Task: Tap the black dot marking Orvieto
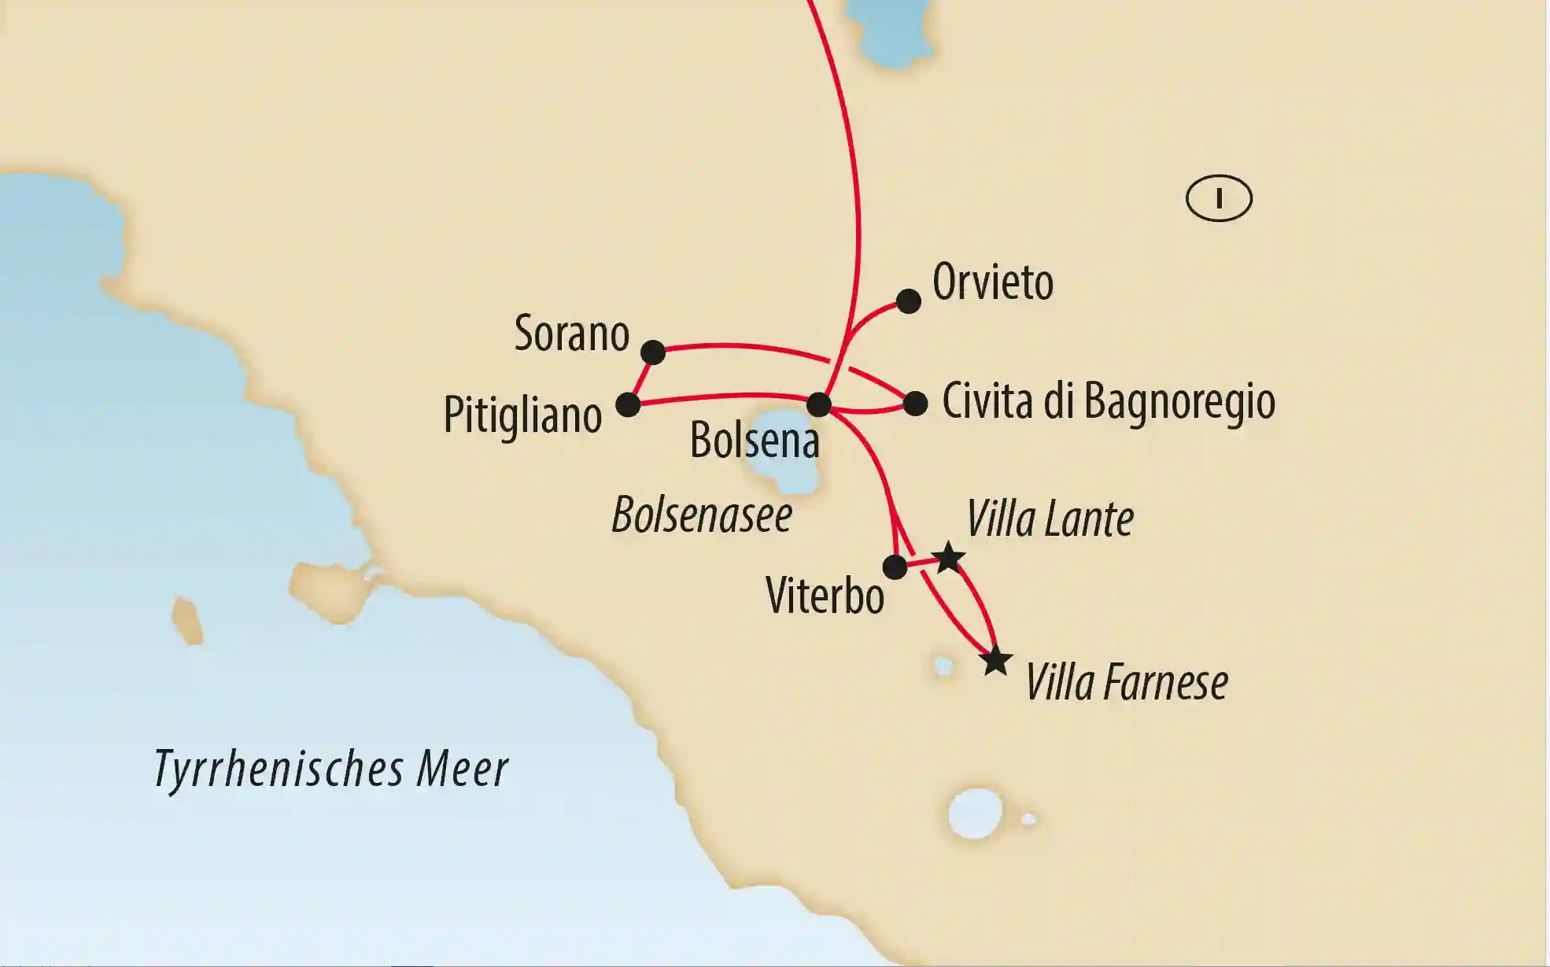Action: [909, 301]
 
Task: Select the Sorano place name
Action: [572, 334]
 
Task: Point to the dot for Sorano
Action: [653, 352]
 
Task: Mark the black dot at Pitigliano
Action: [628, 405]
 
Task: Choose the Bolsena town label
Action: [755, 440]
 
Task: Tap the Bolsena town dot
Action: [819, 404]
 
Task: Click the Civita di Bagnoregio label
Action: [1108, 401]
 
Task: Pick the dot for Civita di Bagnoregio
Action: [915, 404]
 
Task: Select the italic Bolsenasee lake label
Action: [702, 515]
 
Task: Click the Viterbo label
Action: [825, 596]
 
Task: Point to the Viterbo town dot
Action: [895, 567]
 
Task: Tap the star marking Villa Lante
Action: [949, 558]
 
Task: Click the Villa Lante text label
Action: [1050, 519]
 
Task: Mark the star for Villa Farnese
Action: [996, 661]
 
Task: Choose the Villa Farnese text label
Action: [1126, 682]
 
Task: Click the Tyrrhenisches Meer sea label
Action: [331, 769]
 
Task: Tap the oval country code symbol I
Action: [1219, 198]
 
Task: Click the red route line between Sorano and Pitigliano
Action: [640, 379]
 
